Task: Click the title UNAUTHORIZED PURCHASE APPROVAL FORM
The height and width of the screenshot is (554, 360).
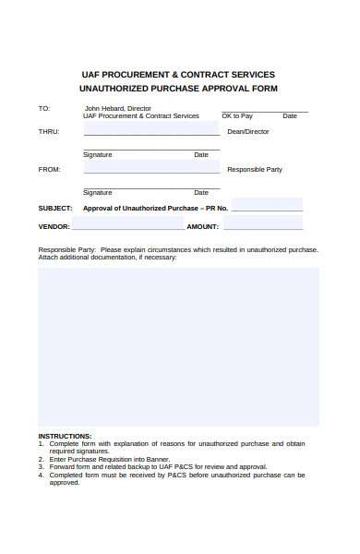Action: click(x=179, y=89)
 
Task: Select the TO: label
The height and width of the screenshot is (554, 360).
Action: click(x=44, y=109)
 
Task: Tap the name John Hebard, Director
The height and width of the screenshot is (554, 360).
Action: click(x=117, y=109)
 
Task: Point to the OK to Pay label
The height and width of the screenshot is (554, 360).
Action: click(x=237, y=116)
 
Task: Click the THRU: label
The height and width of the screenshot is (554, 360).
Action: click(x=49, y=132)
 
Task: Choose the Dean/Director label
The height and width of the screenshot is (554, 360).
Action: click(x=248, y=132)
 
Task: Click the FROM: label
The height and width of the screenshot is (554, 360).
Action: click(x=49, y=170)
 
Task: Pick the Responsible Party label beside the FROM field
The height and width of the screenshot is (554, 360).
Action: click(x=255, y=170)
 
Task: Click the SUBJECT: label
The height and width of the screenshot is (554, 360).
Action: click(x=54, y=209)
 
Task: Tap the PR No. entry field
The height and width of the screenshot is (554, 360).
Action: click(x=267, y=205)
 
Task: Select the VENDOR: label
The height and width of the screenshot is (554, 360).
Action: click(x=54, y=226)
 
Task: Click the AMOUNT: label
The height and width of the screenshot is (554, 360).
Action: click(x=203, y=226)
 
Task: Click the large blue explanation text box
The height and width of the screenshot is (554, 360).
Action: click(x=178, y=346)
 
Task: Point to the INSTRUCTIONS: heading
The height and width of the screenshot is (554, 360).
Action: click(x=65, y=436)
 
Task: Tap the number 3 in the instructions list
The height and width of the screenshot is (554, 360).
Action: click(x=41, y=467)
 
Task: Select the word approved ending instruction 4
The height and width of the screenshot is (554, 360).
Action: click(x=66, y=483)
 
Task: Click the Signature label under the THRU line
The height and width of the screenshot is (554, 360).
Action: click(x=98, y=155)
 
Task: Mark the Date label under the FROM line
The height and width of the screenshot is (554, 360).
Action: click(x=201, y=193)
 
